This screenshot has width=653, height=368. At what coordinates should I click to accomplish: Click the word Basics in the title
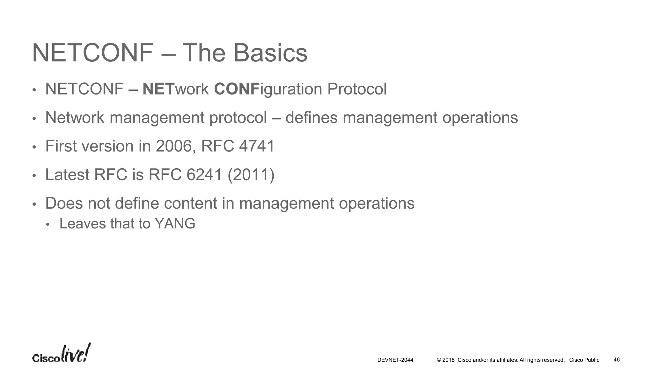pos(270,53)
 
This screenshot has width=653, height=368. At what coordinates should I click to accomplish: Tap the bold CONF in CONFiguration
pos(236,89)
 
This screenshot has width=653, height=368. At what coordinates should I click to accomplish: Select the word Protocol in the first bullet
pos(357,89)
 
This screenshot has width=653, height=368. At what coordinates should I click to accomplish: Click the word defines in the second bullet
pos(311,118)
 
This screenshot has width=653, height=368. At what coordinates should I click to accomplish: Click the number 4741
pos(257,146)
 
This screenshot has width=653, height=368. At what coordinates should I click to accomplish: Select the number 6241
pos(204,175)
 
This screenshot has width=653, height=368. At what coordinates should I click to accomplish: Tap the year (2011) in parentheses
pos(251,175)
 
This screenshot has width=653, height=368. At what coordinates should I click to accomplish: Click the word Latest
pos(67,175)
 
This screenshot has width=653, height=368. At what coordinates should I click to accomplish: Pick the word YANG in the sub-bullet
pos(175,224)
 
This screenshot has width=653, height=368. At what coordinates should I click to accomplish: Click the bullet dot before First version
pos(34,147)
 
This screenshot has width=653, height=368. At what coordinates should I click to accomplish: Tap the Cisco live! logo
pos(62,354)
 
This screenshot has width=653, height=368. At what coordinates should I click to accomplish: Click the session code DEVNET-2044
pos(395,360)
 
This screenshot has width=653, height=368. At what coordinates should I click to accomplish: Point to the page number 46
pos(616,360)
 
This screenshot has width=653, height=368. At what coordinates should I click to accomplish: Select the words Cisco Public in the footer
pos(584,360)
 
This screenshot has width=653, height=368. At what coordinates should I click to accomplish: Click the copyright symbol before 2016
pos(439,360)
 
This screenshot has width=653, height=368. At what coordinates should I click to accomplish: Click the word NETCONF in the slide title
pos(93,53)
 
